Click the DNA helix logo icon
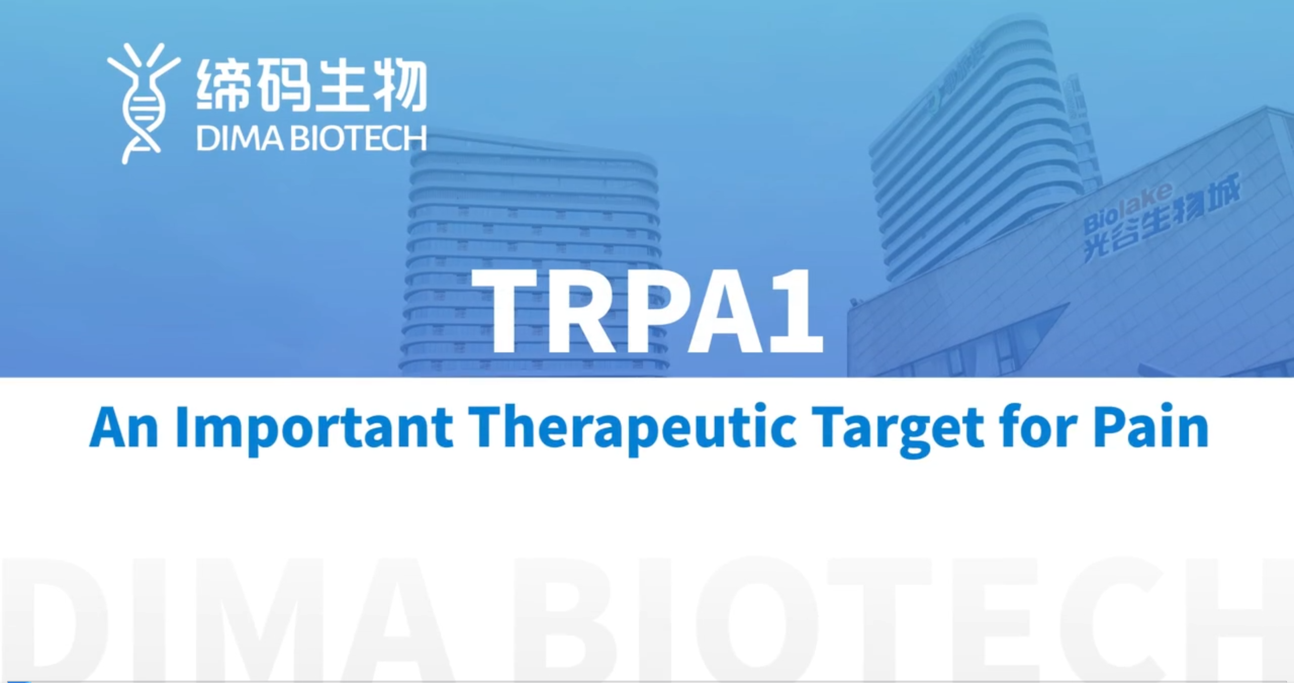144,104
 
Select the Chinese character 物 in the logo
400,85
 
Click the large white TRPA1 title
648,311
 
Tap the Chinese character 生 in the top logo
341,84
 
